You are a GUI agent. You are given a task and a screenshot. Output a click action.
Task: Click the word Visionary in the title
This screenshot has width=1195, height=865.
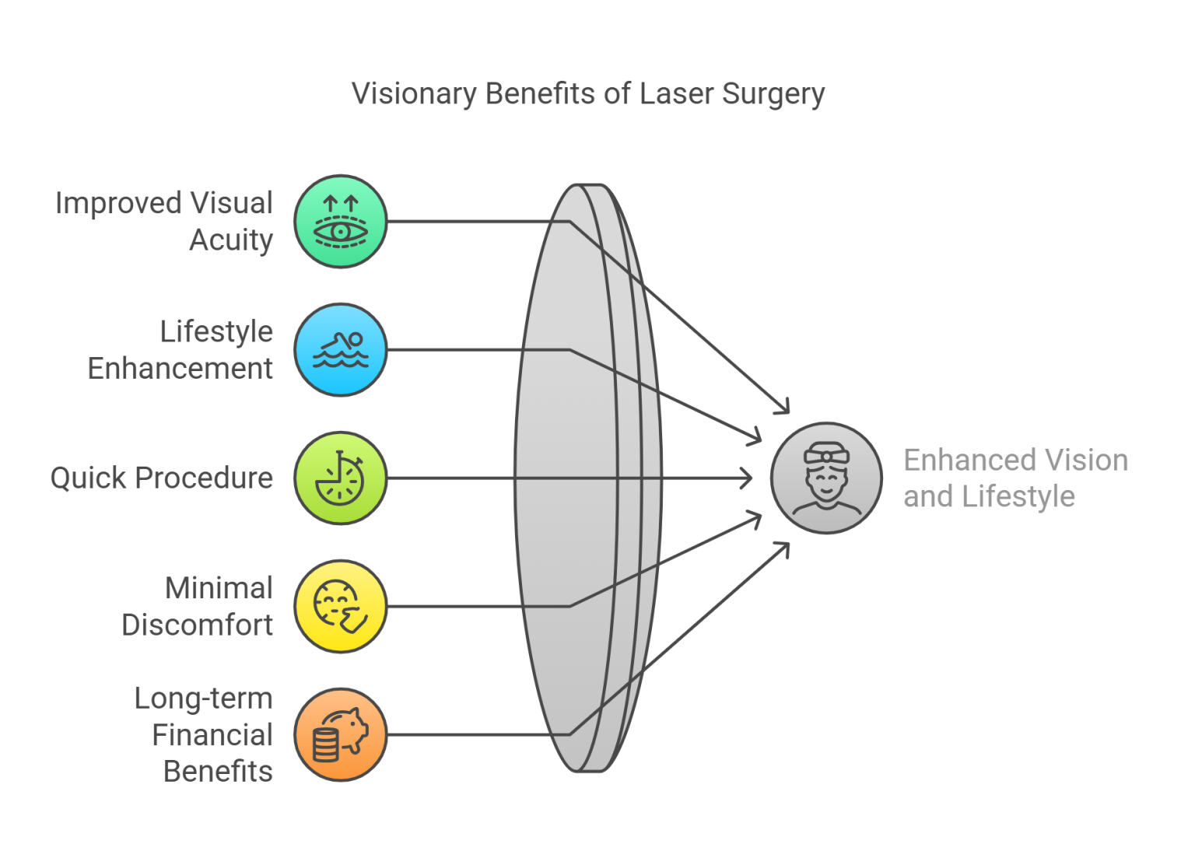click(x=414, y=93)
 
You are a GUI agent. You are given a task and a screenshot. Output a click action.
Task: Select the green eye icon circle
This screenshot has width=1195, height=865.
click(x=341, y=222)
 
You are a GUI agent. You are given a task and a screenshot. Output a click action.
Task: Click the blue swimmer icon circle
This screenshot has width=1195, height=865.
click(x=341, y=350)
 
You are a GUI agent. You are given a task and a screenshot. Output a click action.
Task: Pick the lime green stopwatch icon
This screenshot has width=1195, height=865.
click(x=341, y=478)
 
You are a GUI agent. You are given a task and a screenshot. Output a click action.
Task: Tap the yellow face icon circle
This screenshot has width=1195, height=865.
click(x=341, y=607)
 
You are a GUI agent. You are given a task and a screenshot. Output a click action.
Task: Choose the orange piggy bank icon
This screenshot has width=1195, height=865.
click(x=341, y=734)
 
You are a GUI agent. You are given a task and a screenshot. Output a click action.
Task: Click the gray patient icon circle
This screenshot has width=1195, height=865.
click(x=826, y=478)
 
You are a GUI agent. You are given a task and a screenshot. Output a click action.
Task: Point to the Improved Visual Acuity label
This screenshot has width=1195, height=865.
click(x=164, y=221)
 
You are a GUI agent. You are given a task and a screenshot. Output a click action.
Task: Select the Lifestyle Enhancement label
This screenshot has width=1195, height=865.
click(x=180, y=349)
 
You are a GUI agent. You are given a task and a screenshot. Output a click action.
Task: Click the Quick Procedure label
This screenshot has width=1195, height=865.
click(x=162, y=478)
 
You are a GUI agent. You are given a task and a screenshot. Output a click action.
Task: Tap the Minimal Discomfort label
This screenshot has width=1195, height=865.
click(x=198, y=606)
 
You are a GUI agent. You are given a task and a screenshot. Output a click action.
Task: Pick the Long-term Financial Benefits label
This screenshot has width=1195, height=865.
click(x=204, y=734)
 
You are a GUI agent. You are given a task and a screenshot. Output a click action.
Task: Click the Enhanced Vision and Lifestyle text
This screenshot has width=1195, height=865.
click(x=1015, y=478)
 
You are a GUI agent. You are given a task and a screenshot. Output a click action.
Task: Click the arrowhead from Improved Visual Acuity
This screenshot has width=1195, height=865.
click(x=784, y=408)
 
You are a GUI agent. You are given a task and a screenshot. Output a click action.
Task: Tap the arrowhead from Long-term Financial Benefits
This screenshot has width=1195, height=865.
click(x=784, y=548)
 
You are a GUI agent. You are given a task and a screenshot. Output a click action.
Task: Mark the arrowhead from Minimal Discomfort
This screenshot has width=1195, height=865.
click(x=757, y=517)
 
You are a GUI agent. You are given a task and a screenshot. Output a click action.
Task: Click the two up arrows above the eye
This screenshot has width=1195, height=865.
click(x=341, y=205)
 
